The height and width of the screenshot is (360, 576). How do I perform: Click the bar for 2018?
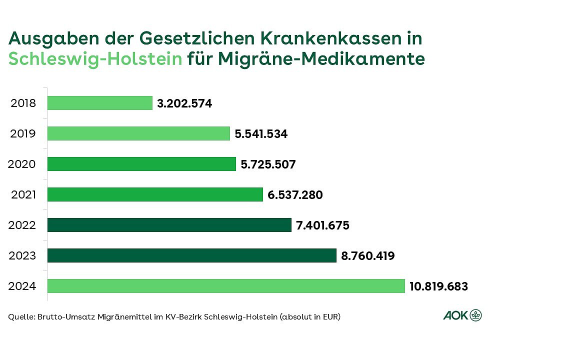[x=100, y=103]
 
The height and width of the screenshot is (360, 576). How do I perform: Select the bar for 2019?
[x=138, y=133]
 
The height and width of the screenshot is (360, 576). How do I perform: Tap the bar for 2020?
[x=141, y=164]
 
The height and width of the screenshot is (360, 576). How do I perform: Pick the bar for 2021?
[x=155, y=194]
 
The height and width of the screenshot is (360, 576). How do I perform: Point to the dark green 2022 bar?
[x=169, y=225]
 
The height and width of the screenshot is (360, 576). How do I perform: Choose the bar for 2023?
[x=192, y=255]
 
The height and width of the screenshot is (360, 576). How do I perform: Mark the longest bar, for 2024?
[x=226, y=286]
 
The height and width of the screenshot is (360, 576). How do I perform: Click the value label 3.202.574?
[x=184, y=103]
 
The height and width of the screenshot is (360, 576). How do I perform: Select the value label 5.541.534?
[x=261, y=134]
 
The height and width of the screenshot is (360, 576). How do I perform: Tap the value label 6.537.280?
[x=295, y=195]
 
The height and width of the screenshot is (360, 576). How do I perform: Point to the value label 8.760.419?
[x=367, y=256]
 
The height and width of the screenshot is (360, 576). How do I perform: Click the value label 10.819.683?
[x=438, y=286]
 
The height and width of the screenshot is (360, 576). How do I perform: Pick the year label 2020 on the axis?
[x=22, y=164]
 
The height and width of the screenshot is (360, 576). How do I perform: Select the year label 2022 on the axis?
[x=22, y=225]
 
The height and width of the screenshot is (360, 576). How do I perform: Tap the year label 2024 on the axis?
[x=22, y=286]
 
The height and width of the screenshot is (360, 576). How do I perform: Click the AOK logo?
[x=462, y=315]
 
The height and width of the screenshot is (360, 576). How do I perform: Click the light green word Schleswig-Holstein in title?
[x=95, y=59]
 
